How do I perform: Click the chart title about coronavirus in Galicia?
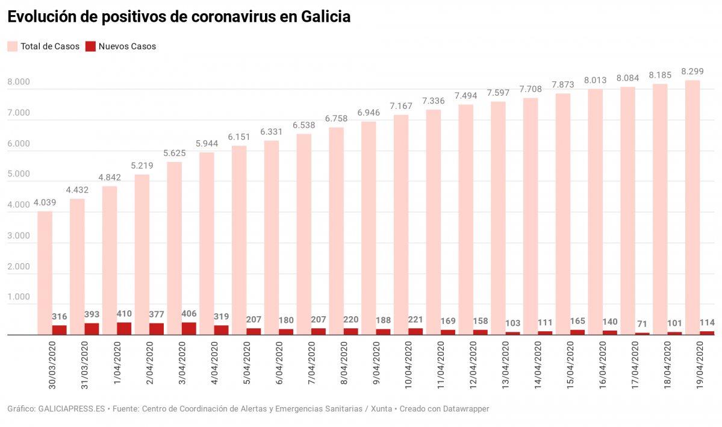coord(179,17)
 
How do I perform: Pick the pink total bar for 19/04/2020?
coord(692,205)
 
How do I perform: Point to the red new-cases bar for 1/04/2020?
coord(124,328)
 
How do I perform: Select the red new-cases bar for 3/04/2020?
coord(188,328)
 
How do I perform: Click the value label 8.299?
coord(692,71)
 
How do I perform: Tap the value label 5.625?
coord(175,153)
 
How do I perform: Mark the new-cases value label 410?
coord(124,314)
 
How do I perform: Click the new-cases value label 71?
coord(642,324)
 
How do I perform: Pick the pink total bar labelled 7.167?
coord(401,223)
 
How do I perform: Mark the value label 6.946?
coord(369,113)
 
